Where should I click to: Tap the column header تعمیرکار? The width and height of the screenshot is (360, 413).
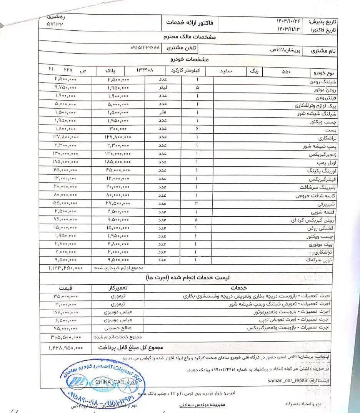click(x=118, y=288)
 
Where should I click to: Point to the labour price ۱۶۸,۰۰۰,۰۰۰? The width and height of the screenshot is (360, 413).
click(x=65, y=312)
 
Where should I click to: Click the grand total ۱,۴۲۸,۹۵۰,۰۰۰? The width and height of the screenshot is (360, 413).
click(x=66, y=348)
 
